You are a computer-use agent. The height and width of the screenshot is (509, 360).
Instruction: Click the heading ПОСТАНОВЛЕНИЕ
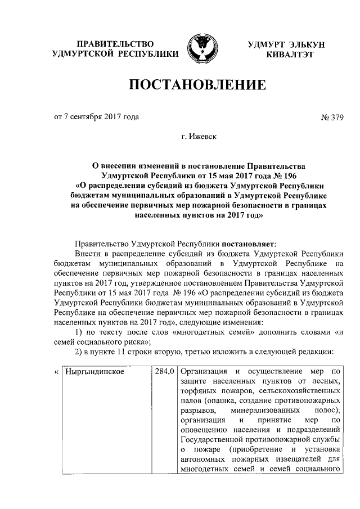tap(197, 85)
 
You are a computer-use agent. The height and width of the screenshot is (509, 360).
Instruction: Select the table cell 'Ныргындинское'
tap(94, 372)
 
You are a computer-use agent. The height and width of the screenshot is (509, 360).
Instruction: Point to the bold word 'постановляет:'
tap(249, 244)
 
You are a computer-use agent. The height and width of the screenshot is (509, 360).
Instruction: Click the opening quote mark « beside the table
tap(56, 372)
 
